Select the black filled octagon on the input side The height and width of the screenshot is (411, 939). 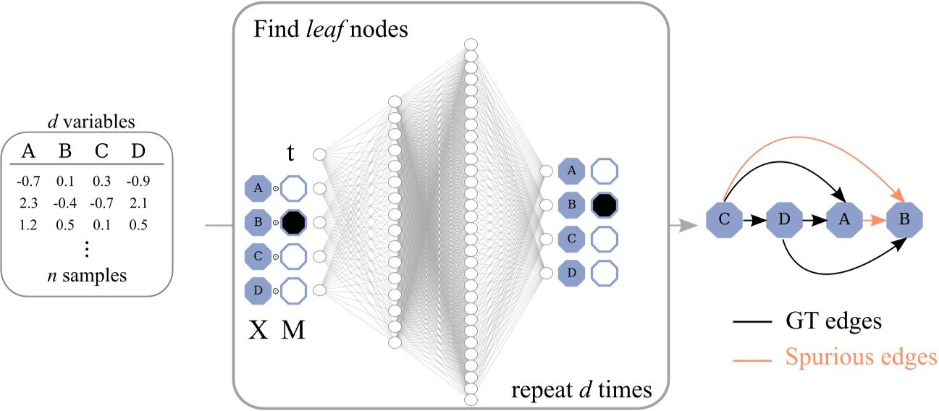pos(292,222)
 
